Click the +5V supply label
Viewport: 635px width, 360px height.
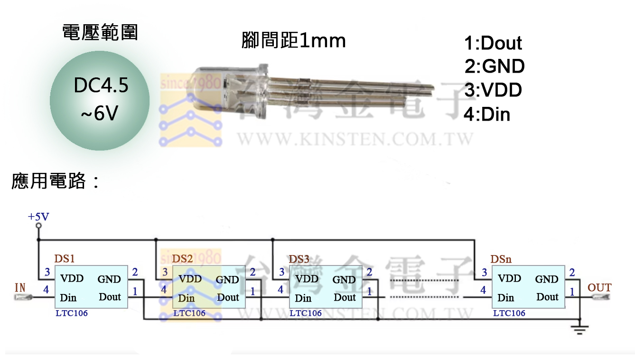[x=38, y=217]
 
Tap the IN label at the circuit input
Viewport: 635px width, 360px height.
[x=20, y=287]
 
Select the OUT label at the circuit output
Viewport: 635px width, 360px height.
[x=599, y=287]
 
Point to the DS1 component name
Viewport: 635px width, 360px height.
[x=65, y=259]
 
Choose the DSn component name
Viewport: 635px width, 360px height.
[x=501, y=259]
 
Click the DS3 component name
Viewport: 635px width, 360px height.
[x=299, y=259]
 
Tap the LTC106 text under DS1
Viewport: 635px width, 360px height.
[x=71, y=313]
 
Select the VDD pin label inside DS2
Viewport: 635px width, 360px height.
[x=190, y=279]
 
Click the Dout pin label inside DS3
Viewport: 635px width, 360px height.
[x=345, y=297]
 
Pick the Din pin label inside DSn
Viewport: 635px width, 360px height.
[x=506, y=298]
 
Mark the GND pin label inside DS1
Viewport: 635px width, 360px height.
[x=109, y=279]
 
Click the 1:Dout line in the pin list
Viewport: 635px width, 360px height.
[x=493, y=43]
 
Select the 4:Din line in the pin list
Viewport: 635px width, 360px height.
[x=486, y=114]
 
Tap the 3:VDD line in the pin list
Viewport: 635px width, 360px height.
[x=493, y=90]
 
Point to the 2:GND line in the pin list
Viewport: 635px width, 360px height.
[x=494, y=66]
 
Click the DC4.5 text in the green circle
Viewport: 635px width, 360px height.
[x=101, y=85]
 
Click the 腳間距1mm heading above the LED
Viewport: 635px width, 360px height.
[x=293, y=41]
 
